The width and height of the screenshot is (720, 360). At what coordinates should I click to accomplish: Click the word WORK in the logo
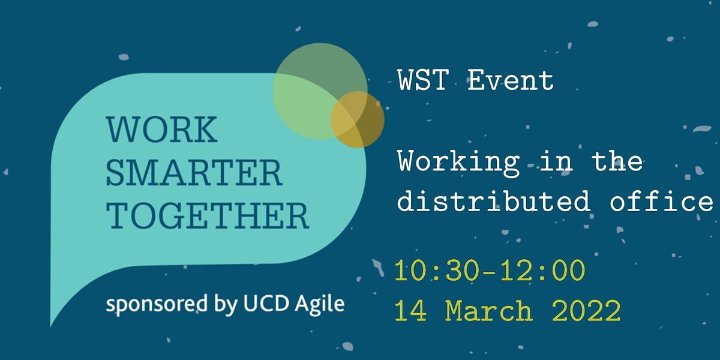click(161, 130)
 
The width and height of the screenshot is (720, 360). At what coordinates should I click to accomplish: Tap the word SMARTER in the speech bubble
click(194, 173)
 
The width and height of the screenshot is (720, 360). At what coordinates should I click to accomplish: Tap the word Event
click(511, 80)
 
